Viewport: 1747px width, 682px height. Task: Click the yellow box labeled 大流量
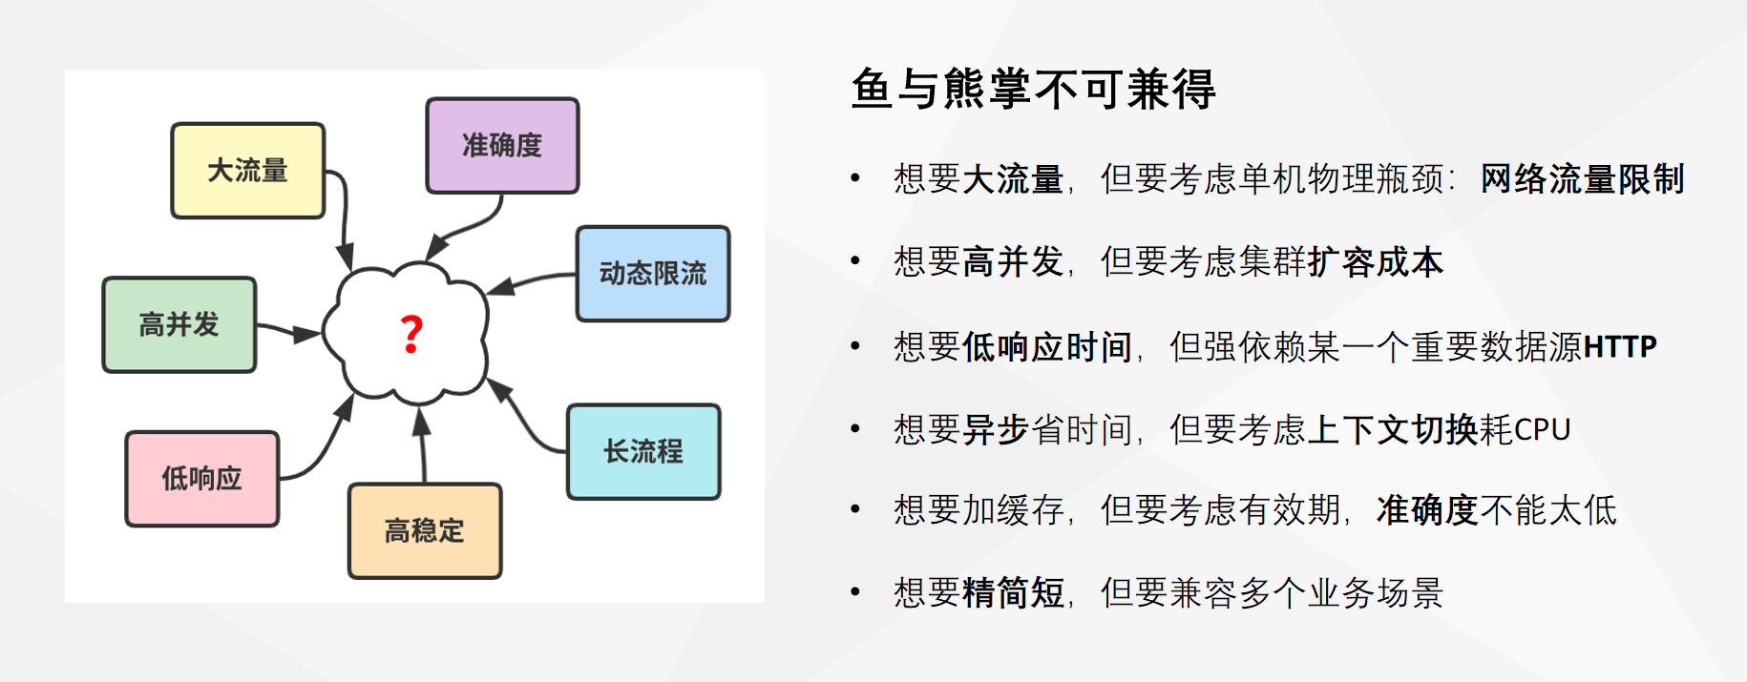248,171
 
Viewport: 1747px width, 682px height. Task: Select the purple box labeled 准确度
502,145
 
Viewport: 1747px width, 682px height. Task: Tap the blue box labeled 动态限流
653,274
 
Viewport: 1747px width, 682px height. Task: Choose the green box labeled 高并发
179,324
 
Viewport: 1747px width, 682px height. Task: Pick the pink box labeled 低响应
202,479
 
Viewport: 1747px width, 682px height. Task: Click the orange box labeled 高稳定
425,530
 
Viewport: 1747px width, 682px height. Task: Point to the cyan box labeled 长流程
643,451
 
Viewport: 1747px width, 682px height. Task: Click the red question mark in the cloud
411,335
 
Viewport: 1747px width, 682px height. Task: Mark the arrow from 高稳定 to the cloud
422,445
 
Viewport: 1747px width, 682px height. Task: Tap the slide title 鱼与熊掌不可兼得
1033,89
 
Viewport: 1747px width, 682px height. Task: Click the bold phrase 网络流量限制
1582,178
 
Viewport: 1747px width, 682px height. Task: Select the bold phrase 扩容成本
1376,261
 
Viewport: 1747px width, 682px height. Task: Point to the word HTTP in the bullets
1620,346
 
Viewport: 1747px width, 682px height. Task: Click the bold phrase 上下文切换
1393,429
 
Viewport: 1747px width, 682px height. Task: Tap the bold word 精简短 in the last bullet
1013,592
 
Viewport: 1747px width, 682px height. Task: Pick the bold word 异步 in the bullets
996,429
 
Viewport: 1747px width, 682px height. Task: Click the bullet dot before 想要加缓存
855,510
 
